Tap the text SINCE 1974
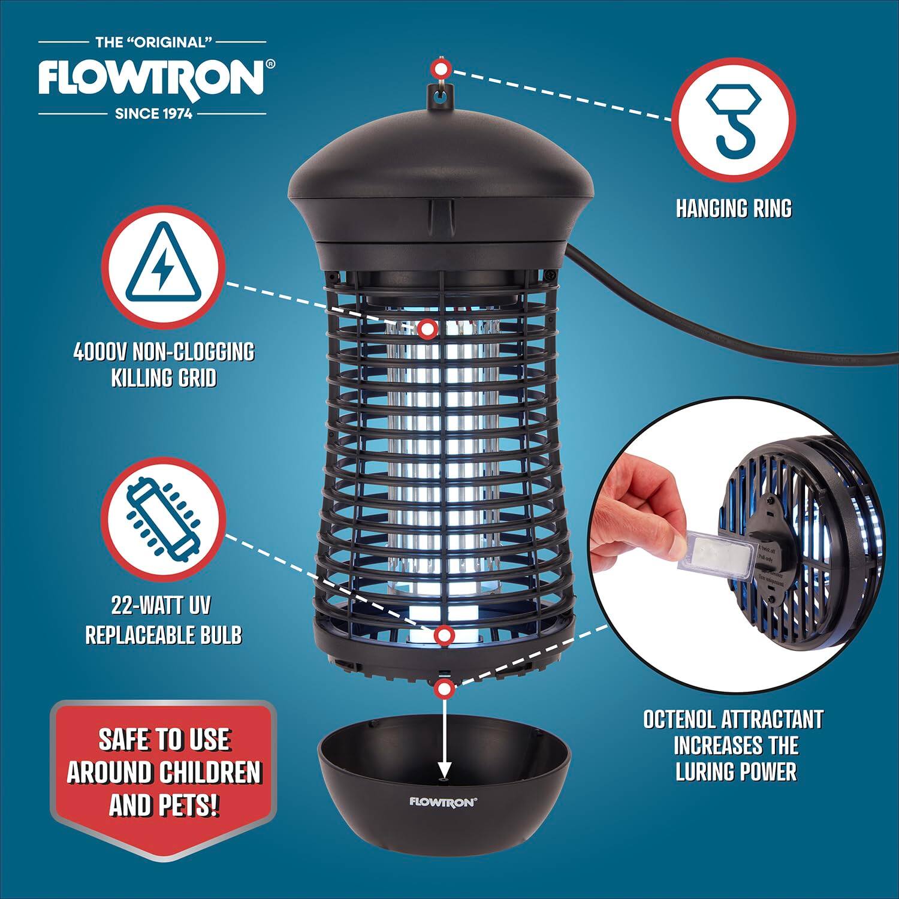click(x=153, y=113)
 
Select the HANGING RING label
click(x=734, y=209)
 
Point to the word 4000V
click(x=99, y=352)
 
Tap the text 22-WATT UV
click(x=161, y=605)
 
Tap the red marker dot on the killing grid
click(x=427, y=328)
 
